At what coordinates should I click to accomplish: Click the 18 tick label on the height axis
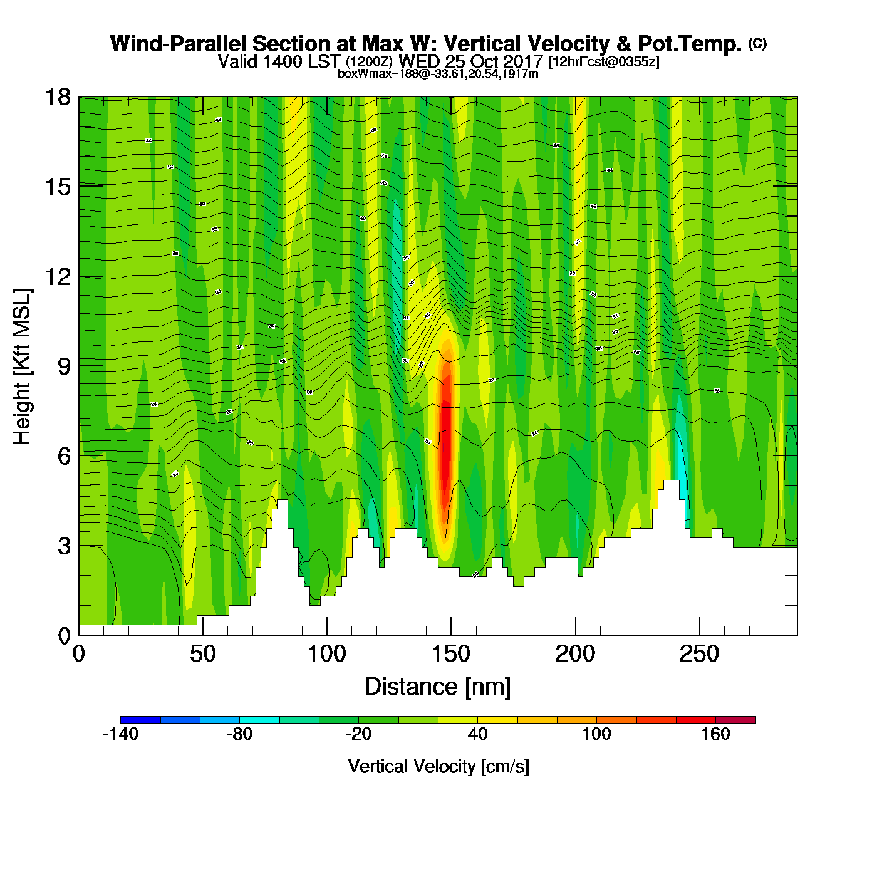click(x=57, y=97)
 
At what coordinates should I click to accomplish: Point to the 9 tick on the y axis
click(x=64, y=366)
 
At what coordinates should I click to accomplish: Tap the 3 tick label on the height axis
click(x=64, y=546)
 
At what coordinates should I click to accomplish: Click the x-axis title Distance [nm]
click(x=438, y=687)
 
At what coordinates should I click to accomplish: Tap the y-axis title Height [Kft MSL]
click(x=22, y=366)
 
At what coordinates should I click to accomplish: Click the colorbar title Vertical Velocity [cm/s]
click(x=438, y=767)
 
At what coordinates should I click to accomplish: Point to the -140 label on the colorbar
click(x=120, y=734)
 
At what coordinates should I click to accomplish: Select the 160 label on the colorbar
click(x=715, y=734)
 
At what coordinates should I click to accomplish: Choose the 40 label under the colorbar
click(x=477, y=734)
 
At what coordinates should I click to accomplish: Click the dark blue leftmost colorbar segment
click(x=140, y=720)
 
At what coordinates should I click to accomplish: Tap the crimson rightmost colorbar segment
click(x=735, y=720)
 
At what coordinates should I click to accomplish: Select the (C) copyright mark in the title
click(x=757, y=43)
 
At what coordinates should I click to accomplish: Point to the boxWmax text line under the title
click(x=438, y=74)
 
